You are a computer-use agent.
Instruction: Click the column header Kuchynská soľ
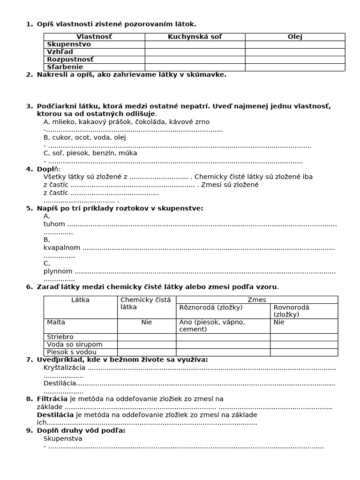(x=195, y=37)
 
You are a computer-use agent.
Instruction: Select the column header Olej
(x=295, y=37)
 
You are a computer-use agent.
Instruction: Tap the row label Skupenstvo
(x=69, y=44)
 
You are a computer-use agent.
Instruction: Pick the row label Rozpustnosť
(x=70, y=60)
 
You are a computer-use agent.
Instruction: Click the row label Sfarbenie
(x=65, y=67)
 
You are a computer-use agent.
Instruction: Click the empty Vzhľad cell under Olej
(x=295, y=52)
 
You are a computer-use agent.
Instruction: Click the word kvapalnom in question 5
(x=62, y=247)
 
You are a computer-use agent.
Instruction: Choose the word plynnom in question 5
(x=58, y=271)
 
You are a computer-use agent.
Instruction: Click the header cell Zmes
(x=256, y=300)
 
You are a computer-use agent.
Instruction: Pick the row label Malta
(x=56, y=322)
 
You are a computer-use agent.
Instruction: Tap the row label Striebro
(x=60, y=337)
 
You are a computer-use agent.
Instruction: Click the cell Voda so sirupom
(x=68, y=345)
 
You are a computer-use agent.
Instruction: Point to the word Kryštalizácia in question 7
(x=65, y=367)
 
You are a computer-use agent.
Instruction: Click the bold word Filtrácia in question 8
(x=52, y=399)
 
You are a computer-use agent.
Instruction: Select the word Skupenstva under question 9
(x=63, y=439)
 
